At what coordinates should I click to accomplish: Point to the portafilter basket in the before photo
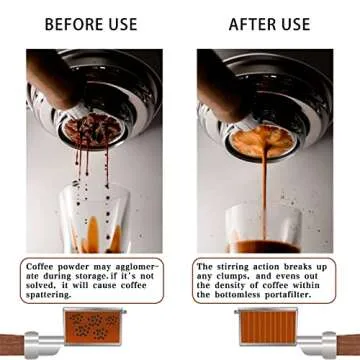[x=92, y=130]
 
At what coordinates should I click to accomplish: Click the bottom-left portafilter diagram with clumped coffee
[x=94, y=326]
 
